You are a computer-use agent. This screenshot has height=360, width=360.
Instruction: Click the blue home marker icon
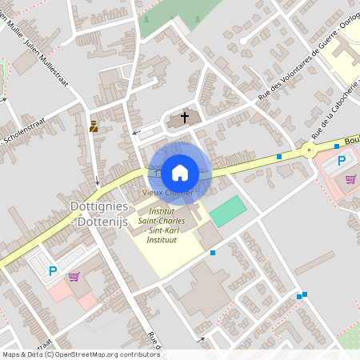click(180, 171)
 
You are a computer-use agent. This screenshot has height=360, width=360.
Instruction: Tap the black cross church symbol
click(185, 118)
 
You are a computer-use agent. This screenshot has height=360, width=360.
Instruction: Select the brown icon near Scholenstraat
click(94, 126)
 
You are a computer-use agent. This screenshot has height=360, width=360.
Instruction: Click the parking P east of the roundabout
click(342, 161)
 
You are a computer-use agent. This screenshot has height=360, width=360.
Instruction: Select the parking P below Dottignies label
click(53, 270)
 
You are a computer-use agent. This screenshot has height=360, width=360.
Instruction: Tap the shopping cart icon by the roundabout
click(350, 178)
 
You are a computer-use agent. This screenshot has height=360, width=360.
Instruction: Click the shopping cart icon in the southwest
click(74, 277)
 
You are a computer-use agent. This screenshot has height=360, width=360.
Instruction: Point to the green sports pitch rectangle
click(230, 211)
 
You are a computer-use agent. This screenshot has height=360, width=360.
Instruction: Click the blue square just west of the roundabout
click(278, 156)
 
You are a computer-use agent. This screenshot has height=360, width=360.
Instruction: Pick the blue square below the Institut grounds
click(213, 253)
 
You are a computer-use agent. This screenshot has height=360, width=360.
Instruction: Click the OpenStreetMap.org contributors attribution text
click(115, 354)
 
